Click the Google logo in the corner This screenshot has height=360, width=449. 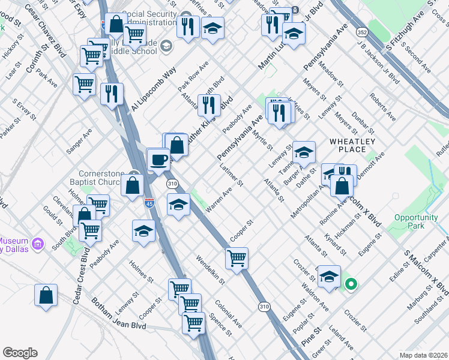(20, 353)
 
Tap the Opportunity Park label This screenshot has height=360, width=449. (416, 221)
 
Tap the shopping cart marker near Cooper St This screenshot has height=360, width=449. (237, 259)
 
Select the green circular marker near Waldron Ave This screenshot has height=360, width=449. (351, 285)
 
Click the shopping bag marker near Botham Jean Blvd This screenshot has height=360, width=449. (46, 296)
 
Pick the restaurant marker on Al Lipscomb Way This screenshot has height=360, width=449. (112, 94)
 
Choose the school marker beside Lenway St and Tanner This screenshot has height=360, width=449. (304, 153)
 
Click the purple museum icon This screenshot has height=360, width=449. (38, 244)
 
